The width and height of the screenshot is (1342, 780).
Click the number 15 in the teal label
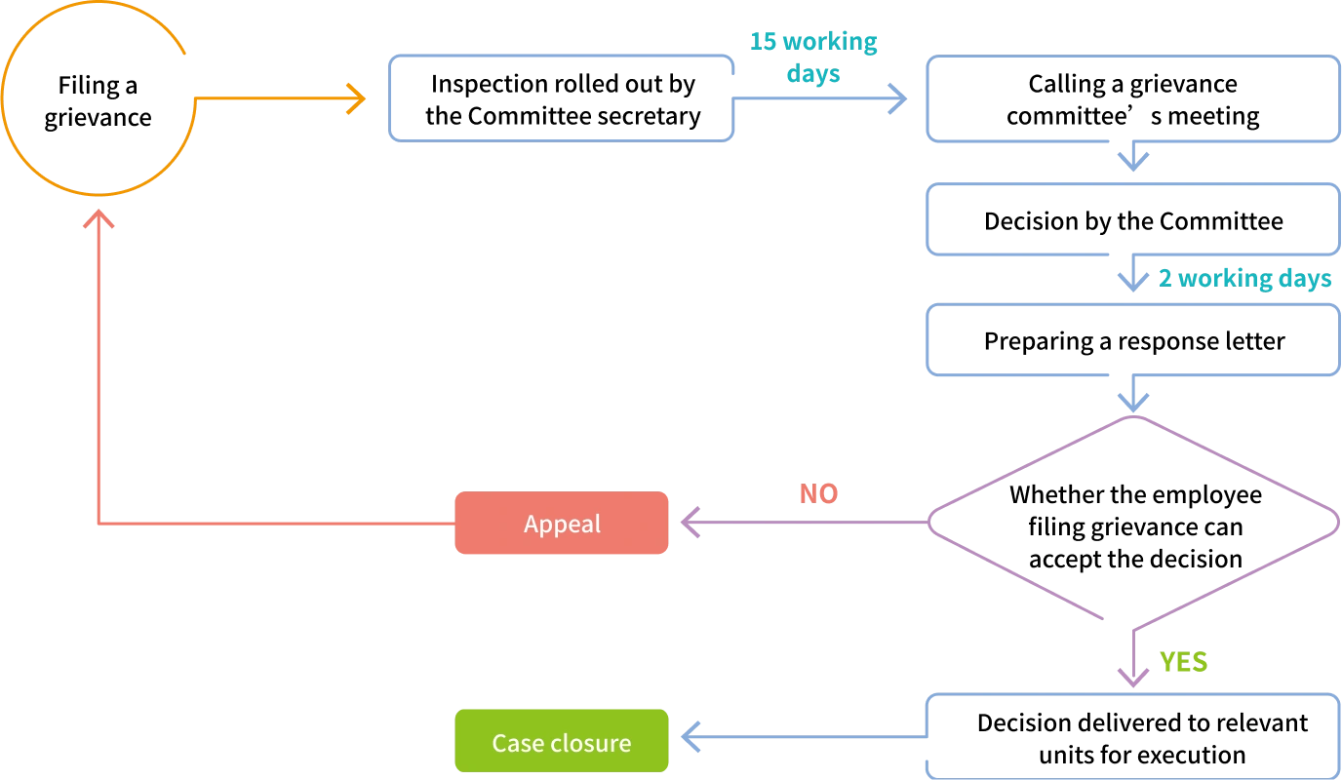[x=764, y=43]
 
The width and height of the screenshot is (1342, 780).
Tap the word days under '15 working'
[x=813, y=74]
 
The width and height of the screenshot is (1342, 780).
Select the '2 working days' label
[x=1244, y=280]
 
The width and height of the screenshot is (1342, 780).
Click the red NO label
[x=818, y=493]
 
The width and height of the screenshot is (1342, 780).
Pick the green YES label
[x=1183, y=664]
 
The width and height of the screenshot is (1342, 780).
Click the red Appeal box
[x=562, y=524]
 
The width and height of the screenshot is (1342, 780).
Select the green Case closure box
[x=562, y=742]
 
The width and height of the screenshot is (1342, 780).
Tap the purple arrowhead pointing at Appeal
[x=691, y=524]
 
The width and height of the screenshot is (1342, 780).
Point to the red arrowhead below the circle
[x=98, y=221]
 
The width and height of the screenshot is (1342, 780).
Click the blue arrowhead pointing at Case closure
[x=691, y=737]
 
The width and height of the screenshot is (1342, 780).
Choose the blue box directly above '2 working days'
[x=1131, y=218]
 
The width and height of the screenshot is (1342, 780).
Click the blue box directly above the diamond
[x=1131, y=342]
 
